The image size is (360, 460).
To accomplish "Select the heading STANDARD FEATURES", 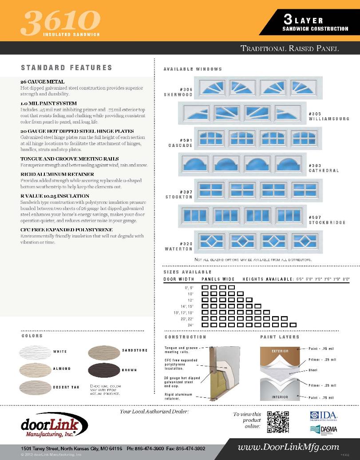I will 66,68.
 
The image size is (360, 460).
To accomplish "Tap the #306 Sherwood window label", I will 180,92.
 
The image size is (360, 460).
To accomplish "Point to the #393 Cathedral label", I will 324,168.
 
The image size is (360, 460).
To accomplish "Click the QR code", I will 278,422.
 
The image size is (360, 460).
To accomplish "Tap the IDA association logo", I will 323,416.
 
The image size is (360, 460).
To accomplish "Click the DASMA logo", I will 323,430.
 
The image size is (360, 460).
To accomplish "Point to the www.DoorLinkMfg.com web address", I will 289,447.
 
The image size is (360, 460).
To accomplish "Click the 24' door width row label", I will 191,325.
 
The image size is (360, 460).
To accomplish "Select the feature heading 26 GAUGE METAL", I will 43,82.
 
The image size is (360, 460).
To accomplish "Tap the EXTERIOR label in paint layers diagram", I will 280,351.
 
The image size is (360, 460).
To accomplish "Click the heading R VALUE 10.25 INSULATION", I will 55,196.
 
